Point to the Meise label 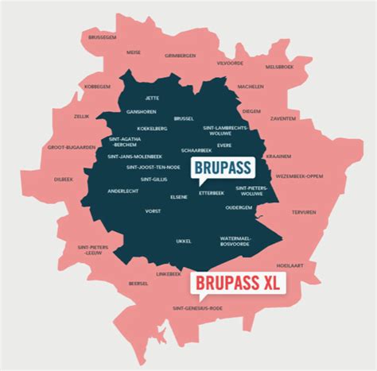point(134,52)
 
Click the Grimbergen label point(180,56)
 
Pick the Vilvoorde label point(230,62)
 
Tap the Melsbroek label point(281,67)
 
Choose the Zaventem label point(284,118)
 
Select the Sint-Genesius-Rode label point(193,307)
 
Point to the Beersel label point(138,283)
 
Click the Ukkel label point(184,241)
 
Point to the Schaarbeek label point(196,149)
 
